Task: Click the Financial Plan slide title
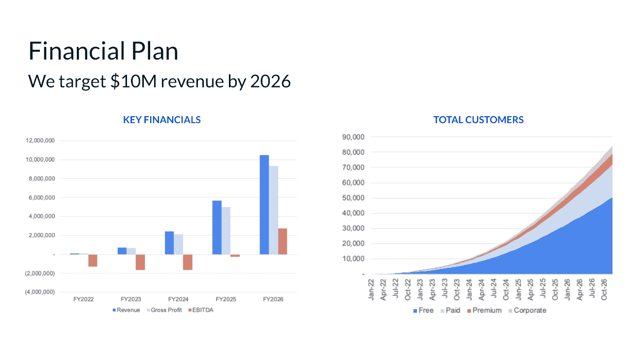(x=103, y=51)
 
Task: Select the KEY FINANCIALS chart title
(x=161, y=120)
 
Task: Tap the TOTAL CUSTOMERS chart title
(x=478, y=120)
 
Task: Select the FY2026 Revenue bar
(x=264, y=204)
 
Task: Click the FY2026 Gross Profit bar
(x=273, y=210)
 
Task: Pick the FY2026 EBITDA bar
(x=282, y=241)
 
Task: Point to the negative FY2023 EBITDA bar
(x=140, y=262)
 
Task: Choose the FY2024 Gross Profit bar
(x=178, y=244)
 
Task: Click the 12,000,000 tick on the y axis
(x=40, y=141)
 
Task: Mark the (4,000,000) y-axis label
(x=40, y=292)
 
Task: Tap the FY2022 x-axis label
(x=83, y=299)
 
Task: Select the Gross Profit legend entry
(x=165, y=310)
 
